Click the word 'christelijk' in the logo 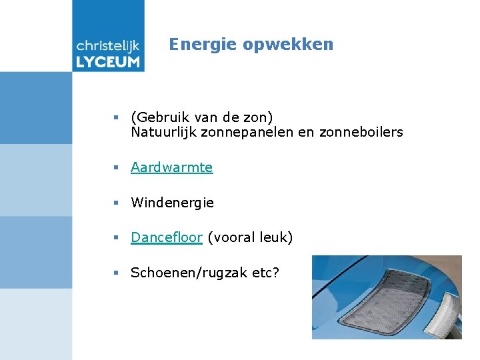pos(108,45)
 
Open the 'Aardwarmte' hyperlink pos(171,167)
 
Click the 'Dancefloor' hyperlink pos(166,237)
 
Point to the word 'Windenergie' pos(172,203)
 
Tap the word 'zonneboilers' pos(361,132)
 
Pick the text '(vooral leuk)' pos(250,237)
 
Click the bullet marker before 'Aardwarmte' pos(116,168)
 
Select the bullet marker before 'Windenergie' pos(116,203)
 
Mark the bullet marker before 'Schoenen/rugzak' pos(116,273)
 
